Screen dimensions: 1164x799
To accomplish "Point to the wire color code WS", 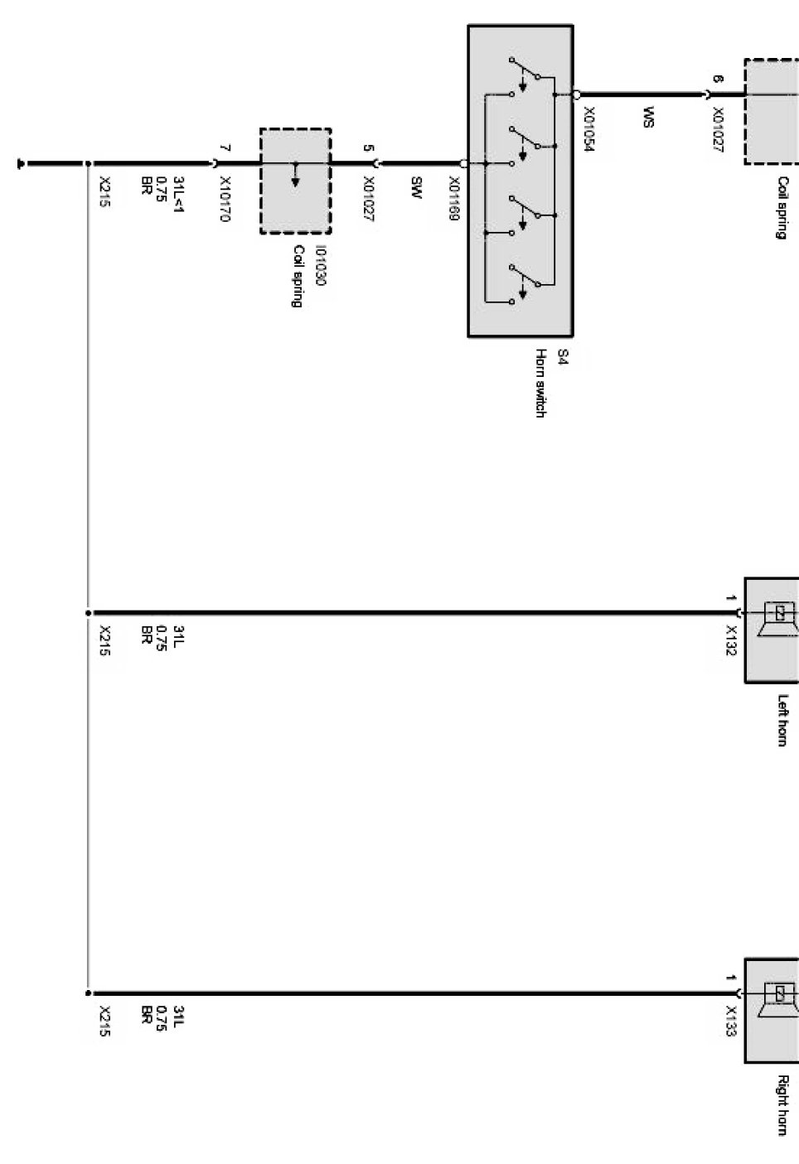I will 648,117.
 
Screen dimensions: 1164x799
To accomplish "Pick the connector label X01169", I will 454,198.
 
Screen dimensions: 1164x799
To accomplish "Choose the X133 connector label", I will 731,1022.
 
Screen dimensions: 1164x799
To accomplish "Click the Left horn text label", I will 782,720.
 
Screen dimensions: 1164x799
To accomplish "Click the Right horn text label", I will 782,1104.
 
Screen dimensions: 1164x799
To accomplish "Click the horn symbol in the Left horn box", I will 779,614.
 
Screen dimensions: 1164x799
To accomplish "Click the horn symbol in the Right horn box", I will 779,993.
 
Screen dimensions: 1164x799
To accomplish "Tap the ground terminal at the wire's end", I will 19,163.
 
